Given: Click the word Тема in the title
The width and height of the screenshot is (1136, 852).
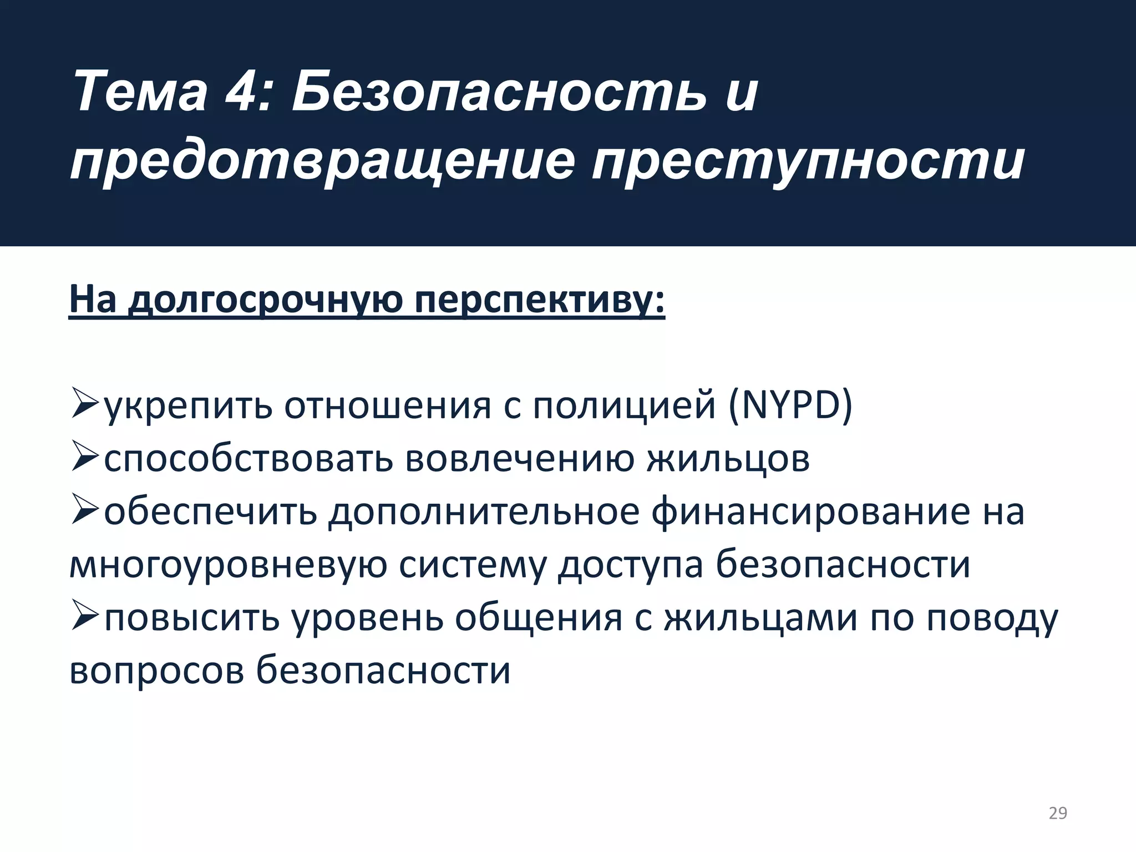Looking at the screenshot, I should click(x=139, y=92).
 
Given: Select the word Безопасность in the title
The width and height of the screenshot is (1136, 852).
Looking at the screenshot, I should click(x=499, y=92).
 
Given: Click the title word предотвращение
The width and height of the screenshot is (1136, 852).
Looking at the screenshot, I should click(x=322, y=162).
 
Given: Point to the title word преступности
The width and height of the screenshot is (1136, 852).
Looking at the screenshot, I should click(x=807, y=162).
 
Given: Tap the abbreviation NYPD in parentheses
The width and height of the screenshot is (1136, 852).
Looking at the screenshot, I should click(x=790, y=405).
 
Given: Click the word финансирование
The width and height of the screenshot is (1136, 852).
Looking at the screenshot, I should click(x=810, y=512).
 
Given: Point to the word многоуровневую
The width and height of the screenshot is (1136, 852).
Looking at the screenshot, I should click(x=228, y=565).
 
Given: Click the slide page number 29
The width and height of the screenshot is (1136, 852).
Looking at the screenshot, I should click(x=1058, y=813).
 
